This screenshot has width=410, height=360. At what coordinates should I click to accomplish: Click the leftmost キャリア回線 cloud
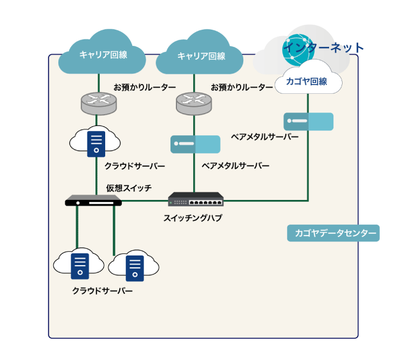point(102,54)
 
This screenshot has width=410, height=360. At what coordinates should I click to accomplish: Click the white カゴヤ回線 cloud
point(307,81)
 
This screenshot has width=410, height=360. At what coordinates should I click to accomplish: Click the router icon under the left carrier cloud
point(98,102)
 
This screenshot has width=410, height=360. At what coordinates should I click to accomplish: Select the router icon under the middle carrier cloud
point(194,102)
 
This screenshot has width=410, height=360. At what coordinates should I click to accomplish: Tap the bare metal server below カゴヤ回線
point(308,121)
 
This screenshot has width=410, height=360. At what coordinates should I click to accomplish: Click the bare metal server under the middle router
point(195,144)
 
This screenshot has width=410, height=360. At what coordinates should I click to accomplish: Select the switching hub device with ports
point(195,200)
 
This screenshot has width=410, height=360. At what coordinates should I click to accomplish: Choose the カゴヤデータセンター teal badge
point(333,233)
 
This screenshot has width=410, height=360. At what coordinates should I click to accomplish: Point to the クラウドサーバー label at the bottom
point(102,291)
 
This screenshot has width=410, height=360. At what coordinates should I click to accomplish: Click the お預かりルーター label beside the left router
point(145,87)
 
